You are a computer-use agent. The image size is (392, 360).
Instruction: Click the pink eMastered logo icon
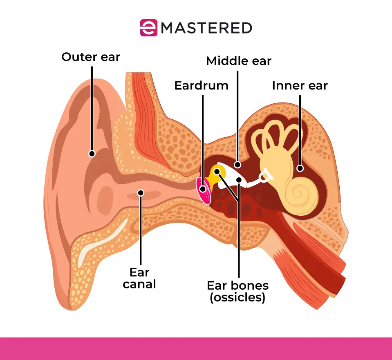click(148, 28)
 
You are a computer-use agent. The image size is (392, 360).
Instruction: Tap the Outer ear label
click(91, 57)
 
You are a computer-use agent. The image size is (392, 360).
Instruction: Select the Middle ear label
click(239, 61)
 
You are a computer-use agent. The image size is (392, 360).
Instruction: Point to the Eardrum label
click(201, 85)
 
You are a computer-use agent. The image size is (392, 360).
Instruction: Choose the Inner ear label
click(300, 85)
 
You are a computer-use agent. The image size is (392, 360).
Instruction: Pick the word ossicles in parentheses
click(237, 297)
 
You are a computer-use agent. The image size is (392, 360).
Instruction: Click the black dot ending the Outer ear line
click(92, 154)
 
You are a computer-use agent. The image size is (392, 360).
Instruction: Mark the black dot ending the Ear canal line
click(140, 192)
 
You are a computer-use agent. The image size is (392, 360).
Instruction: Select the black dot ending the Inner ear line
click(300, 168)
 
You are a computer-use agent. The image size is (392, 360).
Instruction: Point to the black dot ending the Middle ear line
click(237, 164)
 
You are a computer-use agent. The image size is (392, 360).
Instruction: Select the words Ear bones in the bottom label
click(237, 285)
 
